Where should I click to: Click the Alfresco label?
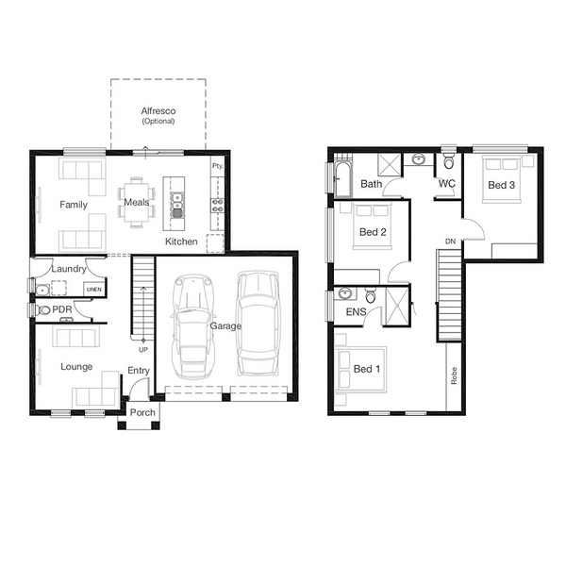pyautogui.click(x=158, y=110)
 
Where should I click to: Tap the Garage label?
pyautogui.click(x=225, y=326)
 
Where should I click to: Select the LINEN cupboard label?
pyautogui.click(x=94, y=290)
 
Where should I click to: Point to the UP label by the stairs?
pyautogui.click(x=143, y=349)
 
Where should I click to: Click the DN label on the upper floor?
pyautogui.click(x=451, y=241)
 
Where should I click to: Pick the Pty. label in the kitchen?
pyautogui.click(x=218, y=166)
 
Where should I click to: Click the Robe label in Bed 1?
pyautogui.click(x=454, y=375)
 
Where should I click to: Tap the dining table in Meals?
pyautogui.click(x=137, y=203)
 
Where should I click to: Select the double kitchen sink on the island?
pyautogui.click(x=177, y=206)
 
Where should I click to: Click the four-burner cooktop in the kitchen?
pyautogui.click(x=217, y=206)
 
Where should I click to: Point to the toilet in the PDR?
pyautogui.click(x=43, y=309)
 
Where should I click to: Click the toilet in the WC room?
pyautogui.click(x=449, y=161)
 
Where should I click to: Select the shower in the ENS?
pyautogui.click(x=397, y=307)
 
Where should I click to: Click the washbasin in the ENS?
pyautogui.click(x=345, y=293)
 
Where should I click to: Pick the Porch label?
pyautogui.click(x=142, y=412)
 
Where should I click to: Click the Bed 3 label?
pyautogui.click(x=501, y=185)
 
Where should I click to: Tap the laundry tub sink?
pyautogui.click(x=42, y=290)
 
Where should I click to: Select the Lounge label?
pyautogui.click(x=76, y=367)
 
